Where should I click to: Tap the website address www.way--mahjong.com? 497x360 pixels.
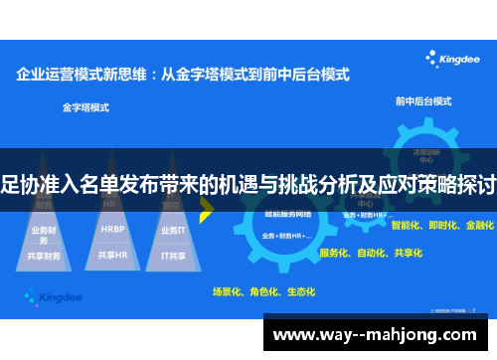point(377,335)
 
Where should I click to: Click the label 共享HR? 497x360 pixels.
point(112,255)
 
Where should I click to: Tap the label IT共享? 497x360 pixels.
point(173,255)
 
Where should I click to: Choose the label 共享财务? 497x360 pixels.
point(45,255)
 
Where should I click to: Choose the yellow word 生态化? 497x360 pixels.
point(299,291)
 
